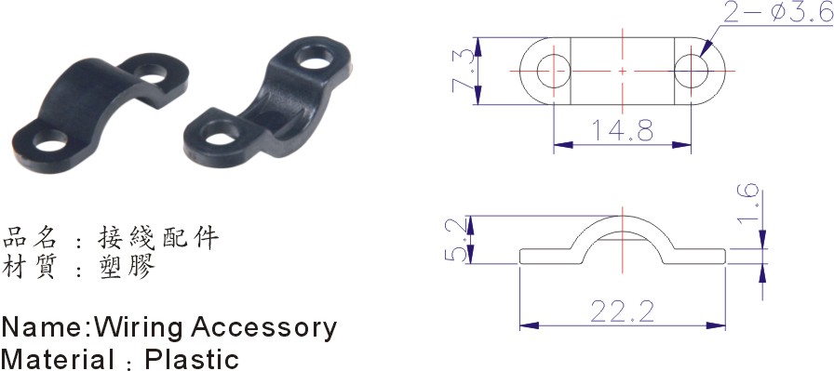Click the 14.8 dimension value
coord(623,130)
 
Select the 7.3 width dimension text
coord(461,71)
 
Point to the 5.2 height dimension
coord(456,239)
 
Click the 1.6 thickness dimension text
coord(749,206)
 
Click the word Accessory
coord(263,328)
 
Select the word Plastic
coord(192,359)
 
